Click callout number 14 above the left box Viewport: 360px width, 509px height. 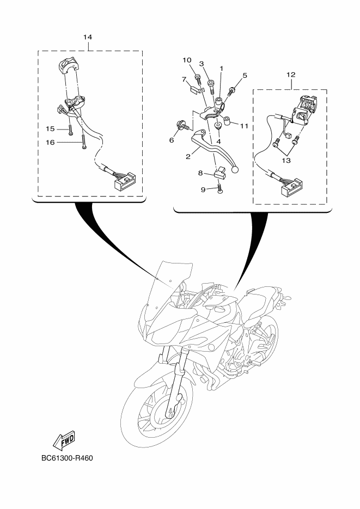(87, 37)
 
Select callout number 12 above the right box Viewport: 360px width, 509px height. (290, 75)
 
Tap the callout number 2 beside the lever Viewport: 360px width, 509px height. (188, 156)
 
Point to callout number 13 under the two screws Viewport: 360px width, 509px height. (286, 161)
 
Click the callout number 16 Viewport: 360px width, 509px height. (50, 142)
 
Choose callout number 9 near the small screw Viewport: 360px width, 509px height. (203, 189)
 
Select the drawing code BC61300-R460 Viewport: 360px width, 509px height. (67, 458)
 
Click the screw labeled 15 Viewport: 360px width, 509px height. (70, 130)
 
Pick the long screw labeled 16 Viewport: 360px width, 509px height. (84, 142)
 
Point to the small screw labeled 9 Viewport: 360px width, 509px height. (220, 188)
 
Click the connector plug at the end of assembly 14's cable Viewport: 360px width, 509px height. (124, 181)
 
